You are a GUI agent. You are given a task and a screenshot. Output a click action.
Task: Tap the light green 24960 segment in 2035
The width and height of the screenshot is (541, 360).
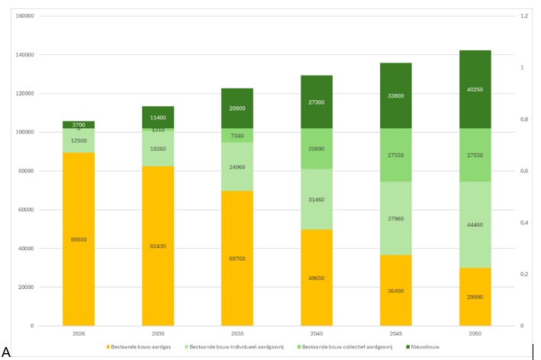pos(237,175)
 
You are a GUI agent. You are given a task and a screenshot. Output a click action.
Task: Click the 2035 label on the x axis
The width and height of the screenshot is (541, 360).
pos(237,333)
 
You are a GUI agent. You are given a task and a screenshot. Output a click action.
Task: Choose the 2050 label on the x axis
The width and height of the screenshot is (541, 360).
pos(475,333)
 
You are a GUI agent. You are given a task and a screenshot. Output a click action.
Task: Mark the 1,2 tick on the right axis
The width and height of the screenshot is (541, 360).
pos(524,16)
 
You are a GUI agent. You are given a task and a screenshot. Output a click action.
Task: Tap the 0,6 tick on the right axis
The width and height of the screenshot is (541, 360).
pos(524,171)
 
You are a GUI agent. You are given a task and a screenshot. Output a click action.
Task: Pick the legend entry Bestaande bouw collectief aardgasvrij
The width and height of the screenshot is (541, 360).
pos(346,347)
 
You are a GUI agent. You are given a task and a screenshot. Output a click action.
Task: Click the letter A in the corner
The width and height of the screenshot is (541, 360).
pos(6,352)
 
